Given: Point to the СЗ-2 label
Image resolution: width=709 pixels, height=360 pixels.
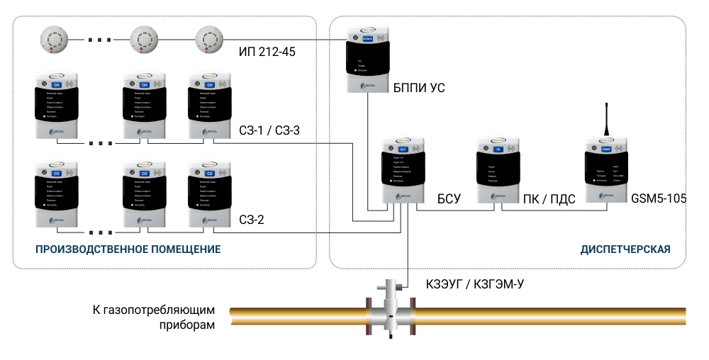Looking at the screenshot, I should [251, 220].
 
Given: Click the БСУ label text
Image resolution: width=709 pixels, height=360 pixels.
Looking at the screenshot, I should [449, 199].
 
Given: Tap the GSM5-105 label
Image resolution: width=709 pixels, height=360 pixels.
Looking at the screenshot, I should [658, 199].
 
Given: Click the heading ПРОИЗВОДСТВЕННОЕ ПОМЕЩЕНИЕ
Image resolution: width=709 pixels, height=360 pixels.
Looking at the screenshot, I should [128, 249].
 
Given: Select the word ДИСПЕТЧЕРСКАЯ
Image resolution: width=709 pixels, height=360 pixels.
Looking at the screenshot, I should [625, 249].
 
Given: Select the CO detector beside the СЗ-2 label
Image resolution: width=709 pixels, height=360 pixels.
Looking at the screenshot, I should [209, 194].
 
